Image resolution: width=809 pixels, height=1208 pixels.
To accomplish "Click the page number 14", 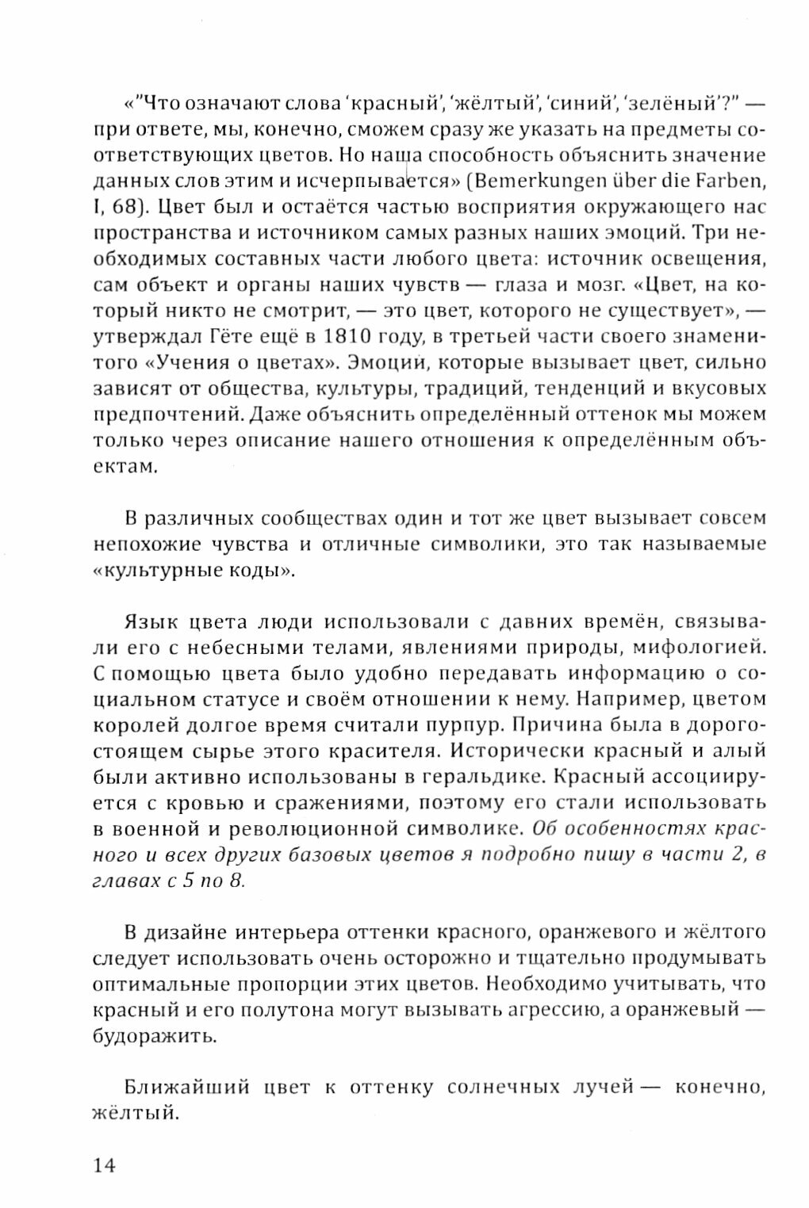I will (x=105, y=1165).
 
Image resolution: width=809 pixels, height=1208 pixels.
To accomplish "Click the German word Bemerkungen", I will (x=531, y=182).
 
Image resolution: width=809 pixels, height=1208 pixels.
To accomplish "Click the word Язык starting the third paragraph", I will (x=154, y=621).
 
